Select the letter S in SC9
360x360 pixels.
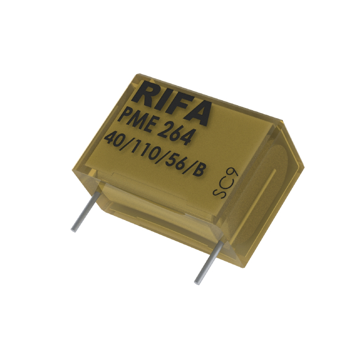tap(217, 192)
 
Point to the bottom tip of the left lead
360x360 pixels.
tap(73, 229)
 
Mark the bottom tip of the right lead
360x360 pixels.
tap(197, 281)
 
